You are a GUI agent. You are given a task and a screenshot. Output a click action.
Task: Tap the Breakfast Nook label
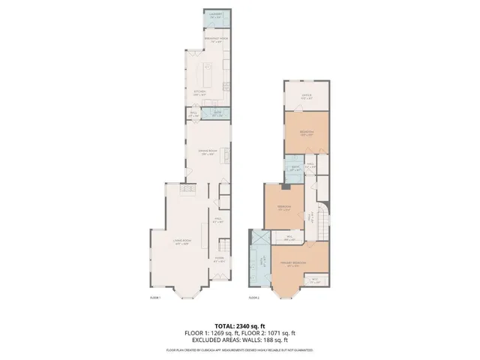[x=217, y=38]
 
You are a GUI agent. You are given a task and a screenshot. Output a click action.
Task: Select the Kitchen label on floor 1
[x=199, y=94]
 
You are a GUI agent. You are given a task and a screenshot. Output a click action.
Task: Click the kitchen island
[x=206, y=75]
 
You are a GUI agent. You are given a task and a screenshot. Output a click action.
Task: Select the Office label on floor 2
[x=307, y=96]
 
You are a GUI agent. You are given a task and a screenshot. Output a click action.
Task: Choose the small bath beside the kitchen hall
[x=217, y=114]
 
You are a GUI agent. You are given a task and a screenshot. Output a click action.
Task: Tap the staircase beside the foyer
[x=221, y=243]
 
